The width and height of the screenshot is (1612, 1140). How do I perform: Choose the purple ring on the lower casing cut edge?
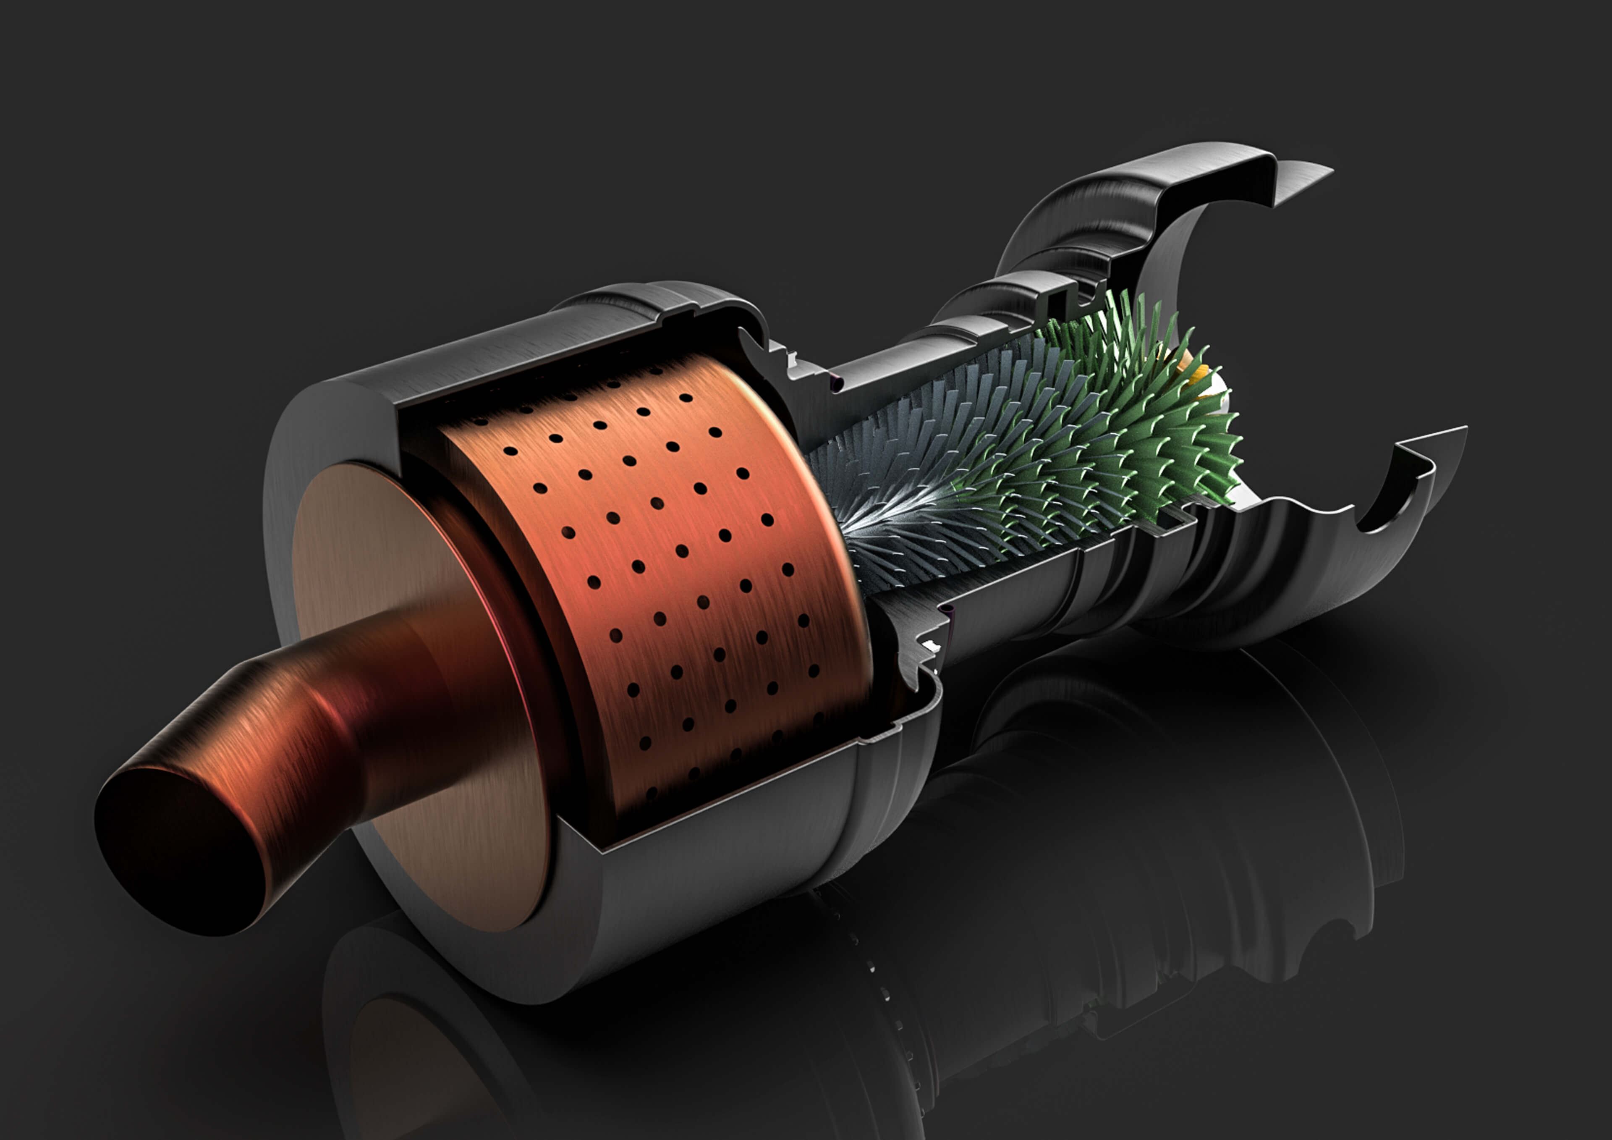pos(949,613)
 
